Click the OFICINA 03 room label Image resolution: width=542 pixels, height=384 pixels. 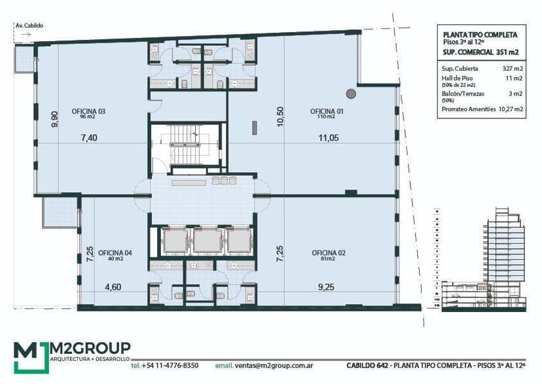88,111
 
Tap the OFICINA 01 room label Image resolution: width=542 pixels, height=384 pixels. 327,111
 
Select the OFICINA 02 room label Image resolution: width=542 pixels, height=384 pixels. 329,253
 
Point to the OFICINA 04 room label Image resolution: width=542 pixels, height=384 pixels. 115,253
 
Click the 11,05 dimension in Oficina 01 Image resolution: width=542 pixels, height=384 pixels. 329,138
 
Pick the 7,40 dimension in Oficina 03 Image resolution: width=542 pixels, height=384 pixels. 89,138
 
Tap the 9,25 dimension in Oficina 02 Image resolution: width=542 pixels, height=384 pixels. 326,287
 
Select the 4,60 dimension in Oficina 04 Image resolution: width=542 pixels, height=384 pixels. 113,287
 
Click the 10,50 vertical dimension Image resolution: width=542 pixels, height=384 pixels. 280,116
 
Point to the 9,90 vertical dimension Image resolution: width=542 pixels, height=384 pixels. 54,119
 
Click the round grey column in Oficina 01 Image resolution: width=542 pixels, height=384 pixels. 352,94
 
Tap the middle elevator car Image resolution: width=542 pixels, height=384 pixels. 208,241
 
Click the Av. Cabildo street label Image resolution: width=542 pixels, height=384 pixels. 29,26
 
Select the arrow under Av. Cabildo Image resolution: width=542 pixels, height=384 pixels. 26,35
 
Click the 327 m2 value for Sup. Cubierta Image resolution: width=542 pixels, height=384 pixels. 513,69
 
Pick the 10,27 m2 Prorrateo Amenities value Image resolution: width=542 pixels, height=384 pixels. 511,109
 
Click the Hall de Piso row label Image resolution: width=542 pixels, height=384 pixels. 457,79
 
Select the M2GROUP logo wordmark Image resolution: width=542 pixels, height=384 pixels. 90,348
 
